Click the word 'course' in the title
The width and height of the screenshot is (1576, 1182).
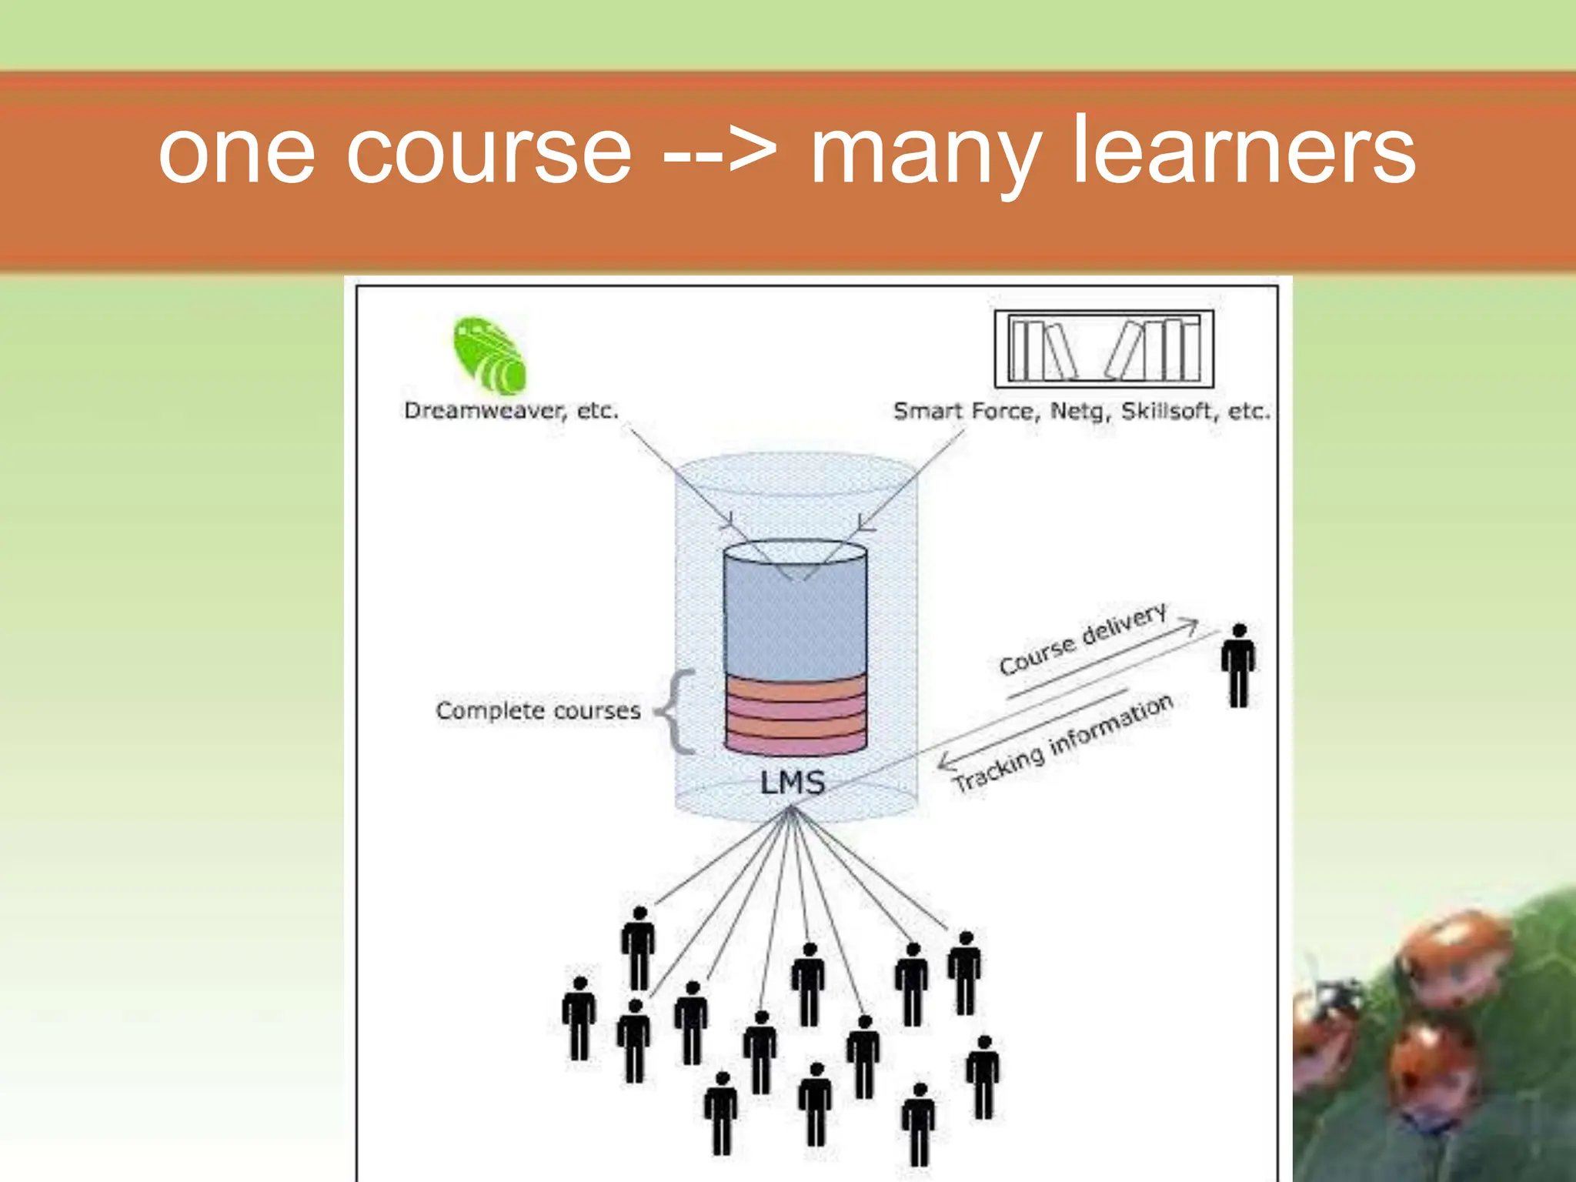(x=489, y=154)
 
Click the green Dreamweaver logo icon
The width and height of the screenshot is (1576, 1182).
(x=490, y=355)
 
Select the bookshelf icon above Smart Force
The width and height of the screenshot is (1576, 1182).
(x=1104, y=349)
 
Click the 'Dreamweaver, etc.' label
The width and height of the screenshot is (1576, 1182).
(x=511, y=411)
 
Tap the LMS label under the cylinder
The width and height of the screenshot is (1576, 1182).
(x=793, y=783)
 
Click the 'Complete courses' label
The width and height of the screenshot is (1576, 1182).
(x=538, y=710)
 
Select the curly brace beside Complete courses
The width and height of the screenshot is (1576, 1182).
(x=677, y=711)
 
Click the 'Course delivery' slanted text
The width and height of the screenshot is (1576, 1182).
(x=1083, y=639)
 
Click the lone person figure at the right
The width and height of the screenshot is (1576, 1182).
(x=1238, y=666)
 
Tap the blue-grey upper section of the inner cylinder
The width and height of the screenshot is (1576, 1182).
(x=795, y=616)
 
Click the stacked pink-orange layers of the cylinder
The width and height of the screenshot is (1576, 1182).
(x=795, y=714)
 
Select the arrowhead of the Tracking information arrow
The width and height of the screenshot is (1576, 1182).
(x=946, y=763)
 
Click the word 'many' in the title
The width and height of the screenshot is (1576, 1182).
(x=927, y=154)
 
